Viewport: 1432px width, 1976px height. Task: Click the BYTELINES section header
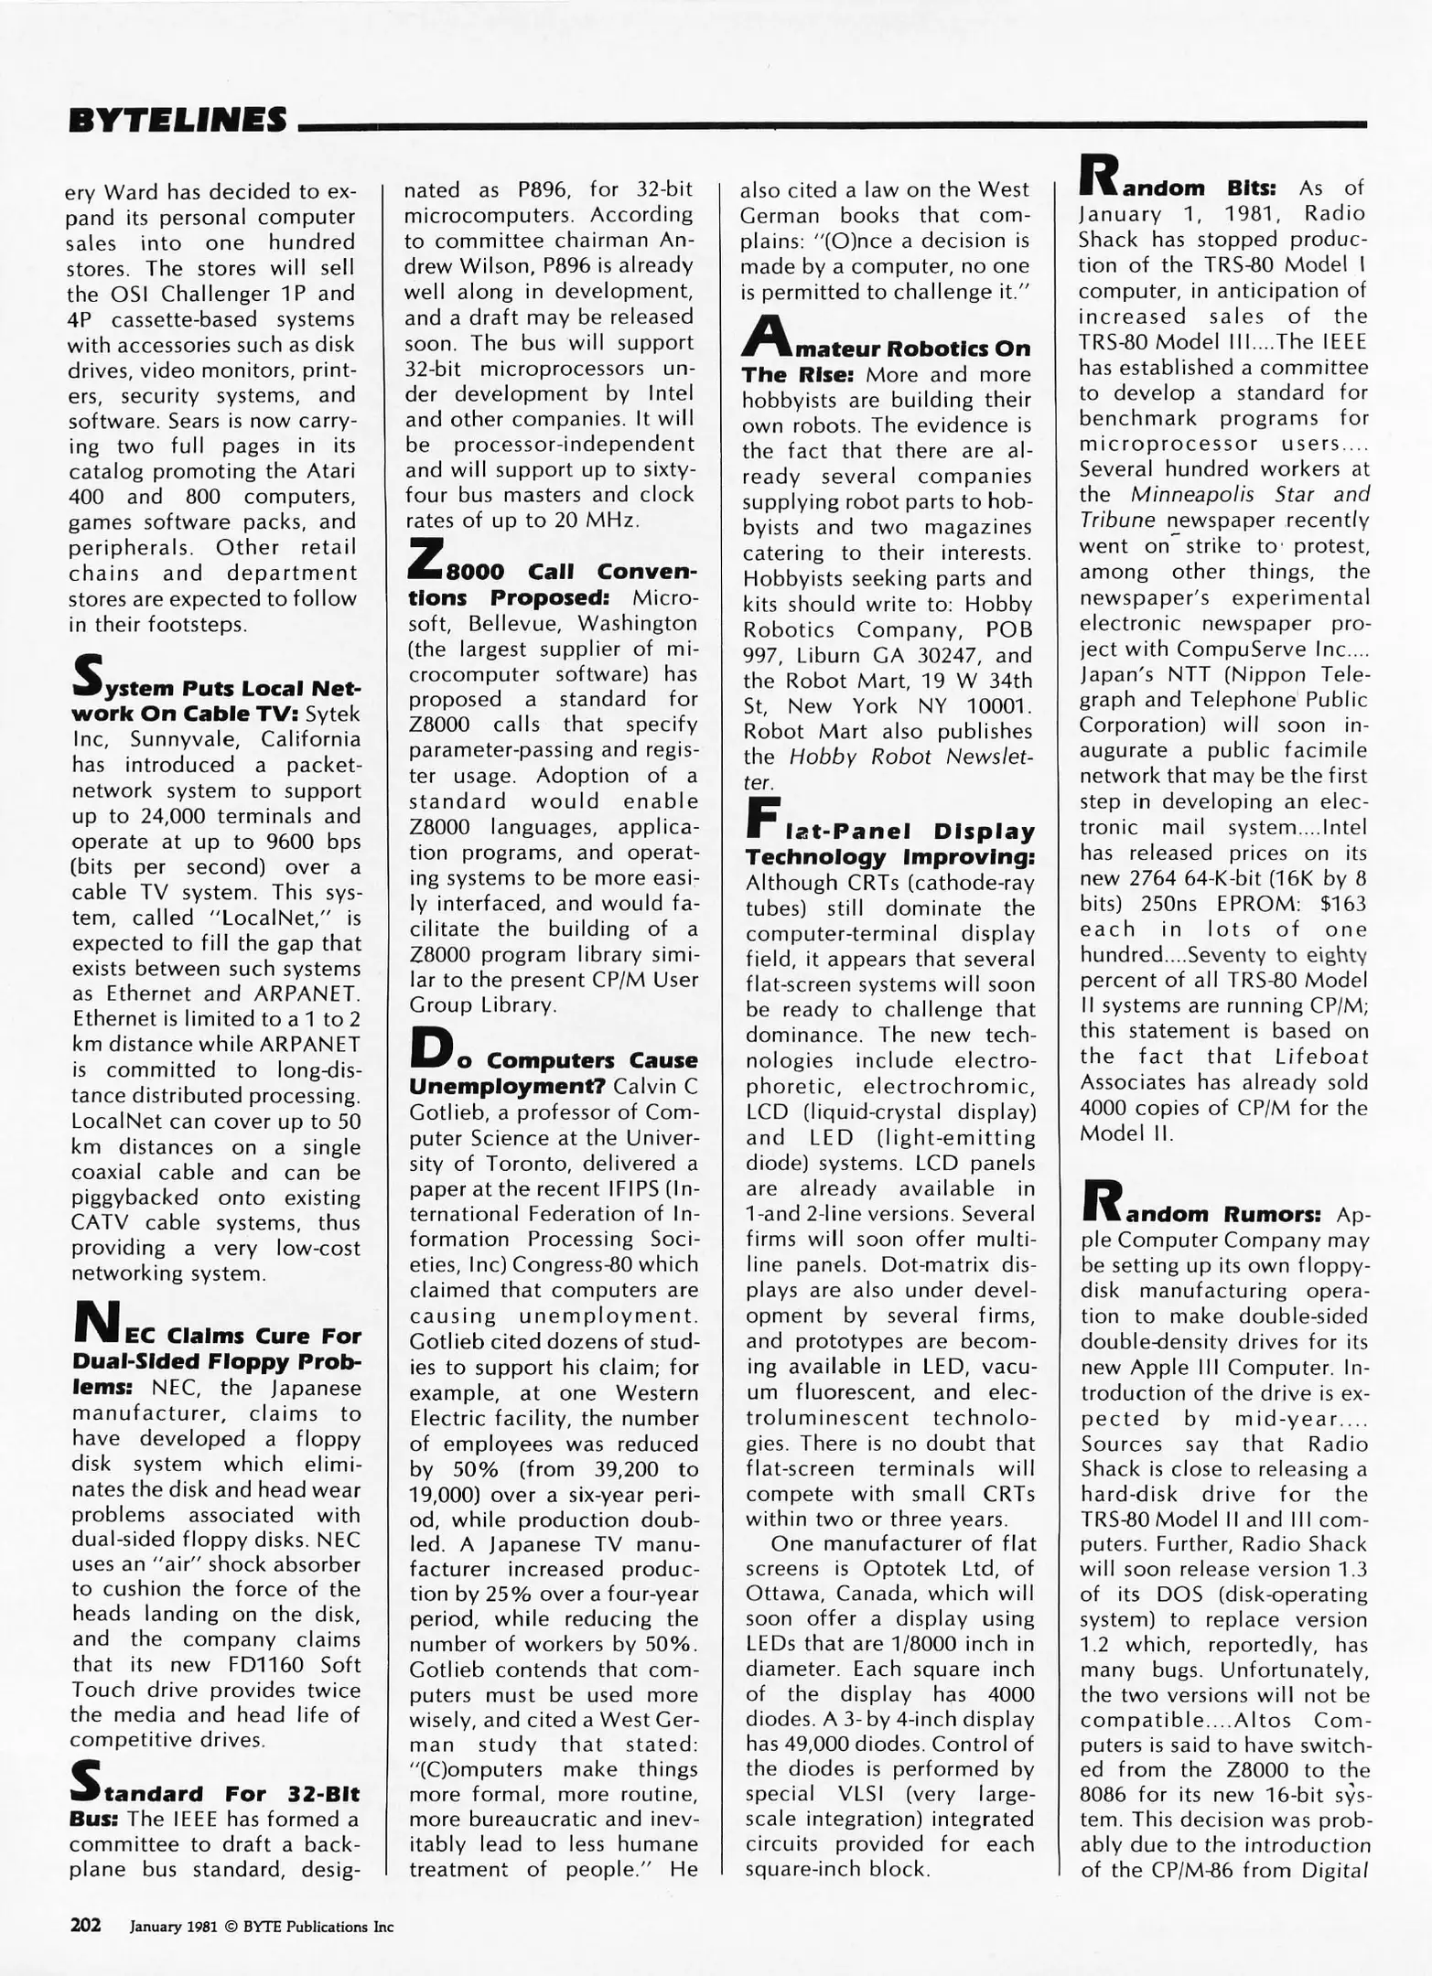[x=178, y=121]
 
